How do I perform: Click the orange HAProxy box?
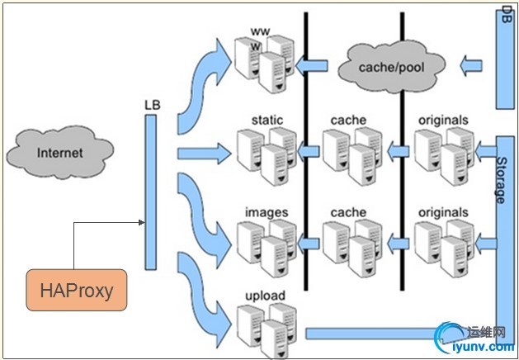click(77, 290)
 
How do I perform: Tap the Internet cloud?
click(59, 153)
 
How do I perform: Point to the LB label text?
click(150, 106)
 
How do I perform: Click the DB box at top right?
click(506, 58)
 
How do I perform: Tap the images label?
click(267, 213)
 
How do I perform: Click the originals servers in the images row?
click(442, 245)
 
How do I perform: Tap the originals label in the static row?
click(442, 121)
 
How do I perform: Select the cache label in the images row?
click(347, 213)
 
